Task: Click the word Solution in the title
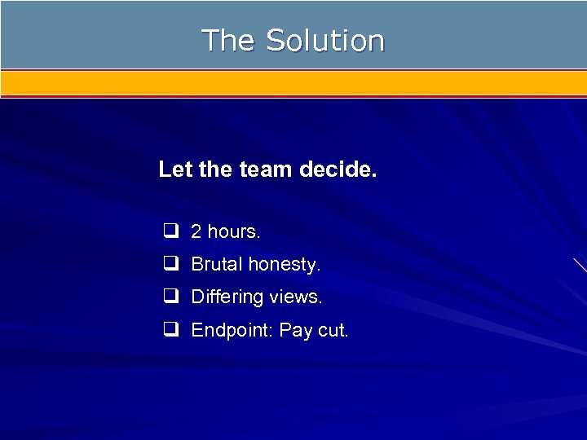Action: [x=324, y=40]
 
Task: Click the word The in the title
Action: [x=228, y=40]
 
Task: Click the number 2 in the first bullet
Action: [x=196, y=232]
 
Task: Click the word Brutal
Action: [x=217, y=265]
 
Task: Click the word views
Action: [x=295, y=297]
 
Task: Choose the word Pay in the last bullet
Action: [x=294, y=331]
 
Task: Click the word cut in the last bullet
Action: [x=331, y=331]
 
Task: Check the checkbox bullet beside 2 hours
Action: [x=170, y=231]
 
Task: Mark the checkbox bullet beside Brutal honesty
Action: [x=170, y=264]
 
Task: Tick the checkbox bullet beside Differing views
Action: [x=170, y=297]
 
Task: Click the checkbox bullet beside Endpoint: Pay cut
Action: [x=170, y=330]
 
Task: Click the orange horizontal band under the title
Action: [x=293, y=82]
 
